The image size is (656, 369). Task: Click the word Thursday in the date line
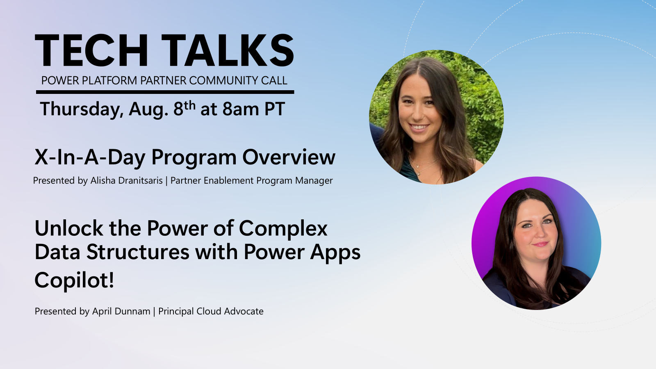click(81, 109)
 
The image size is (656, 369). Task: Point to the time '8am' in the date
click(241, 109)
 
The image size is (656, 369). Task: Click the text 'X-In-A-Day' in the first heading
click(90, 157)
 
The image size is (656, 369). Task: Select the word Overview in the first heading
click(289, 157)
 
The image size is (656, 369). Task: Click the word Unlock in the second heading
click(69, 228)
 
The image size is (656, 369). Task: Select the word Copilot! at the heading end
click(74, 281)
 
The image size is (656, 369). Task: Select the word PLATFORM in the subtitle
click(109, 80)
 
